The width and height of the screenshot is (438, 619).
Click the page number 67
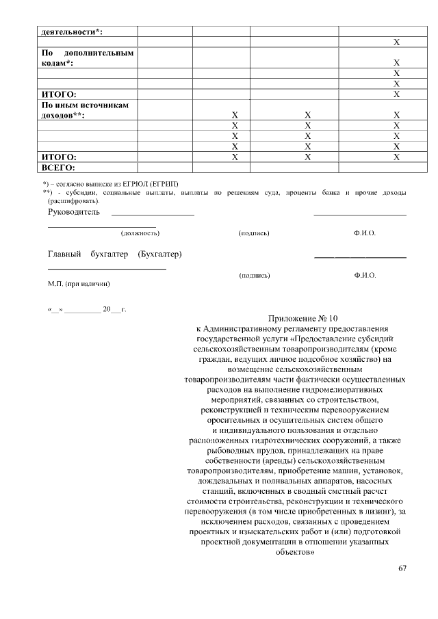402,569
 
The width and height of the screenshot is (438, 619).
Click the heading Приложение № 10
296,318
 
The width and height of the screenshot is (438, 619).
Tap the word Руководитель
73,212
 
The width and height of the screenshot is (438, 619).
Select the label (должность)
140,233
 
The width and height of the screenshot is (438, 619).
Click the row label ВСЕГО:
58,167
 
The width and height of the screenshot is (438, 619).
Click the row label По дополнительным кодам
87,57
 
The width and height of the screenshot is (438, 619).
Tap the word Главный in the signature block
64,255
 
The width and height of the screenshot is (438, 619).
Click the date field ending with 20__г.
86,310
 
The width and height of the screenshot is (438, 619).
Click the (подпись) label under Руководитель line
254,233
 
